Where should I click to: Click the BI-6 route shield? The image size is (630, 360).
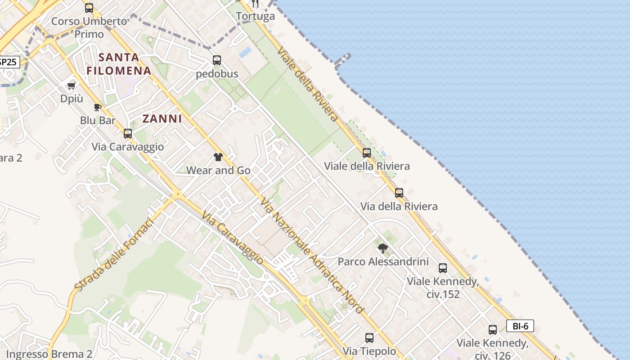click(x=520, y=326)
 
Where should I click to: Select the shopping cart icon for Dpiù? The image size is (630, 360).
click(x=71, y=85)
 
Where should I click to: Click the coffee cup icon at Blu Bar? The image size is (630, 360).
click(x=97, y=107)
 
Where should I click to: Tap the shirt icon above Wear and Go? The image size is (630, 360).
click(x=218, y=157)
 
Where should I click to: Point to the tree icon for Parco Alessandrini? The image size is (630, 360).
click(x=382, y=248)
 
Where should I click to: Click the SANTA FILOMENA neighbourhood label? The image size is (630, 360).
click(x=119, y=64)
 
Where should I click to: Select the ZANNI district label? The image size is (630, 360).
click(x=162, y=119)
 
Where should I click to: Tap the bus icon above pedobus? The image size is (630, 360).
click(x=217, y=60)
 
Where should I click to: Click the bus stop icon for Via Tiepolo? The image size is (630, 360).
click(x=369, y=337)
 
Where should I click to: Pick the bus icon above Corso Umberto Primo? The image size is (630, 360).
click(x=89, y=8)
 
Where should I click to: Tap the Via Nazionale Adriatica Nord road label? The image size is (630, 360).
click(x=312, y=256)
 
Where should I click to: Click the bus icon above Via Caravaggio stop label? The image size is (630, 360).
click(x=128, y=134)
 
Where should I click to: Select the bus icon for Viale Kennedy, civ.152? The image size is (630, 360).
click(x=443, y=268)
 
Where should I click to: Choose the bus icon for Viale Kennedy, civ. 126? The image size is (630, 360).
click(x=493, y=330)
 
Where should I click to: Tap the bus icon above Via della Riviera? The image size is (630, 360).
click(x=399, y=193)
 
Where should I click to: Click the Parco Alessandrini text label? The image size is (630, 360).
click(x=383, y=261)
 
